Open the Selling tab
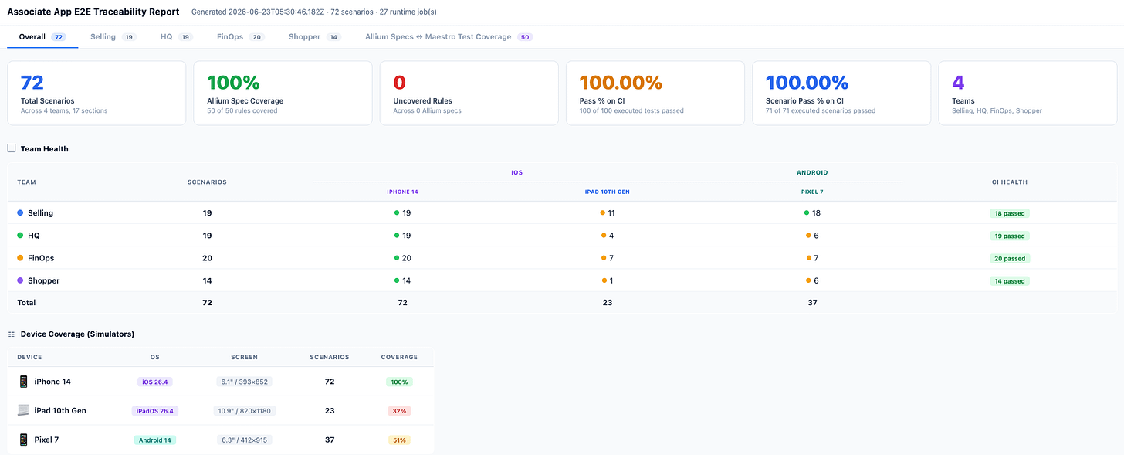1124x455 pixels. [113, 36]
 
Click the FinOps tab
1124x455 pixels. [240, 36]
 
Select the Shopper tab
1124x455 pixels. [315, 36]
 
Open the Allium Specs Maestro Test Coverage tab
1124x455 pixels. [449, 36]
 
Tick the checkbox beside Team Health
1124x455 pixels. [12, 148]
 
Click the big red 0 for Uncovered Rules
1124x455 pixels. [399, 83]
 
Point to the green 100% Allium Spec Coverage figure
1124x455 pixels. [233, 83]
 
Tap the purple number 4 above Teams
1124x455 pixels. [958, 83]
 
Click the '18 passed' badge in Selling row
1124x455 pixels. [1010, 213]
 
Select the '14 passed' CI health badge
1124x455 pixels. [1010, 281]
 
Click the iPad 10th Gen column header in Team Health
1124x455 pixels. [607, 192]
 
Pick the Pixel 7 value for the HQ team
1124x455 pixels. [812, 236]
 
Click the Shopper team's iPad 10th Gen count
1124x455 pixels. [607, 280]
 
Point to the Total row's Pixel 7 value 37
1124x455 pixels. [812, 302]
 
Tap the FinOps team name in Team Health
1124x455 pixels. [41, 258]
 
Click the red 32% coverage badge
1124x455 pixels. [399, 411]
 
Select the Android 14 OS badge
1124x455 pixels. [154, 440]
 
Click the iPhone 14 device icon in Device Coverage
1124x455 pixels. [23, 382]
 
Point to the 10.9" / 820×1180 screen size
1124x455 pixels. [245, 411]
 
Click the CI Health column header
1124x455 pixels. [1010, 182]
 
